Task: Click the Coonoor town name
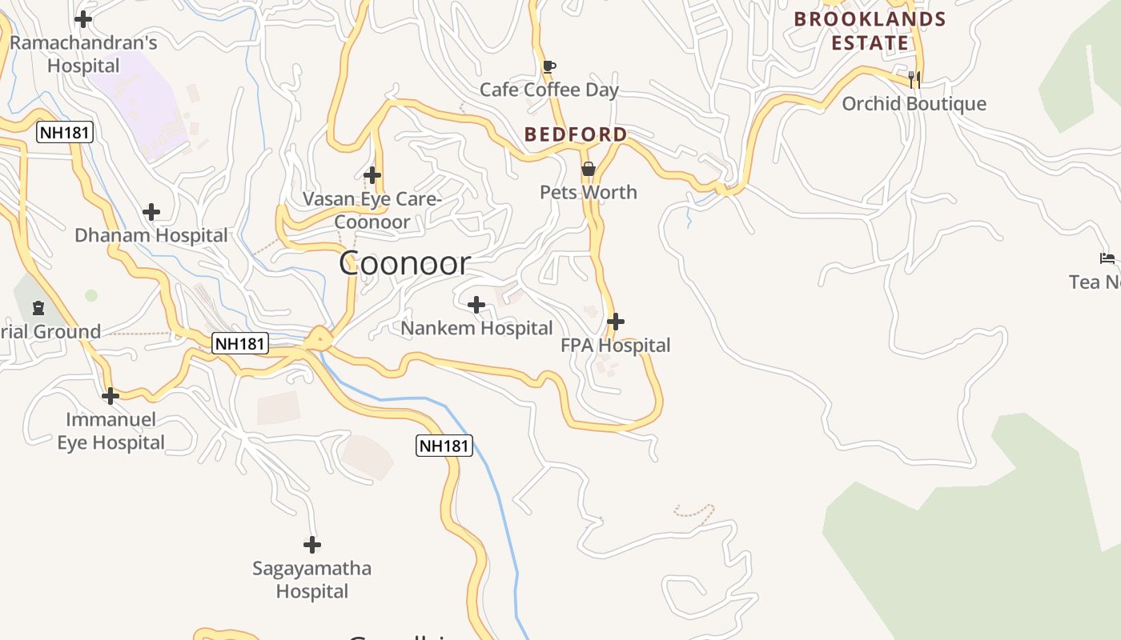[404, 263]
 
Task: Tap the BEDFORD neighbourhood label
[576, 134]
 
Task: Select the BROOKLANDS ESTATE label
[870, 30]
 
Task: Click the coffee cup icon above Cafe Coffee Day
[548, 66]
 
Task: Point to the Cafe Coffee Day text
[548, 90]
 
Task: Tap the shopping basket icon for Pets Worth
[589, 169]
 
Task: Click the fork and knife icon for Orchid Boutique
[914, 79]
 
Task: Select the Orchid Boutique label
[914, 104]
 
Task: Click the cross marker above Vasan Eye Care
[372, 174]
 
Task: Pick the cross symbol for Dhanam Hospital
[151, 212]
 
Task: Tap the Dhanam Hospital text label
[151, 235]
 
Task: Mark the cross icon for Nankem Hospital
[476, 305]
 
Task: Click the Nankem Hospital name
[476, 328]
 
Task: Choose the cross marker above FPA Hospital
[615, 322]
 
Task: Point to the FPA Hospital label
[615, 346]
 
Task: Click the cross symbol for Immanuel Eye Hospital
[110, 396]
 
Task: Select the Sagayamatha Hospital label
[311, 580]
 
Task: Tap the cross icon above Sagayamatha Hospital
[311, 546]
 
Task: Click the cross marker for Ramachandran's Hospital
[82, 18]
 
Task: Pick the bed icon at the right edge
[1107, 258]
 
